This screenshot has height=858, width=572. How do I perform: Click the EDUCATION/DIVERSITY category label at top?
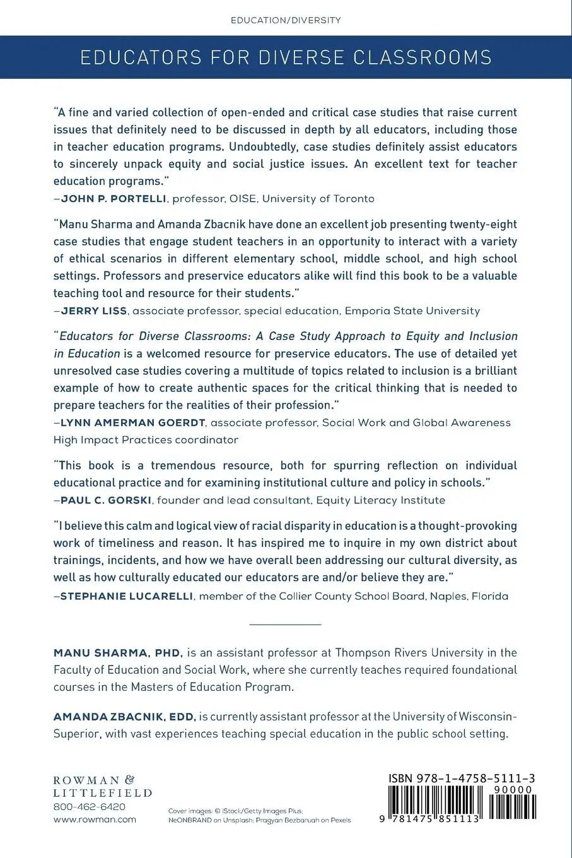tap(286, 20)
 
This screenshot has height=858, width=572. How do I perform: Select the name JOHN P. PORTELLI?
tap(114, 199)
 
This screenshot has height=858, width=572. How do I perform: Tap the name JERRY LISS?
tap(94, 311)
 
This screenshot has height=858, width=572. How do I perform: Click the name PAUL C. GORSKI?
tap(105, 500)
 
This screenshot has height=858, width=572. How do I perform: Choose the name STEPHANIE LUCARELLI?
tap(126, 596)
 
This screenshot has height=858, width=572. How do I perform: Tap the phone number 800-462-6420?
tap(90, 807)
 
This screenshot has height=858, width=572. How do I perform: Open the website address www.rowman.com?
tap(95, 820)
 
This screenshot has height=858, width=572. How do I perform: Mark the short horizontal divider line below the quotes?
tap(286, 625)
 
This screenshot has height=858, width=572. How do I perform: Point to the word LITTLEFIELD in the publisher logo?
tap(102, 793)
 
